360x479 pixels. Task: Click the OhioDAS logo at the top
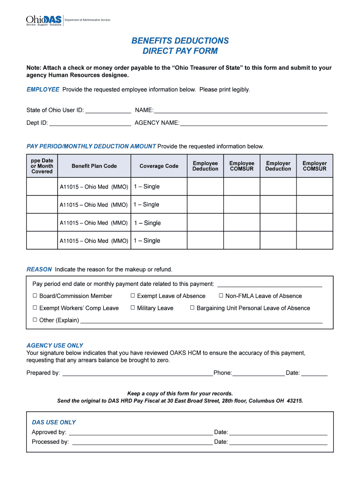pos(43,21)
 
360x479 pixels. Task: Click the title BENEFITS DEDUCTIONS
pos(180,41)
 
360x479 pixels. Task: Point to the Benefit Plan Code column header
pos(94,166)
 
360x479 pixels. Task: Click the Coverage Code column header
pos(159,166)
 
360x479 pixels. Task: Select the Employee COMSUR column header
pos(242,166)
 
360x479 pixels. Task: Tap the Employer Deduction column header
pos(278,166)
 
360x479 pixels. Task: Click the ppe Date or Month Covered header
pos(42,166)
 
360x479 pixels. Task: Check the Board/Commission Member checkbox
pos(35,296)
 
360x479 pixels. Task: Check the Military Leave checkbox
pos(133,308)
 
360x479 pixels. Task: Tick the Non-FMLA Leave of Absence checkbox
pos(221,296)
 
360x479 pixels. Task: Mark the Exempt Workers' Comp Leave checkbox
pos(35,308)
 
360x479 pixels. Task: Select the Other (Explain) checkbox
pos(35,320)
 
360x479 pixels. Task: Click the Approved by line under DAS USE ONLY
pos(140,433)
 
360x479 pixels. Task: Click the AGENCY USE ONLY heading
pos(55,346)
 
